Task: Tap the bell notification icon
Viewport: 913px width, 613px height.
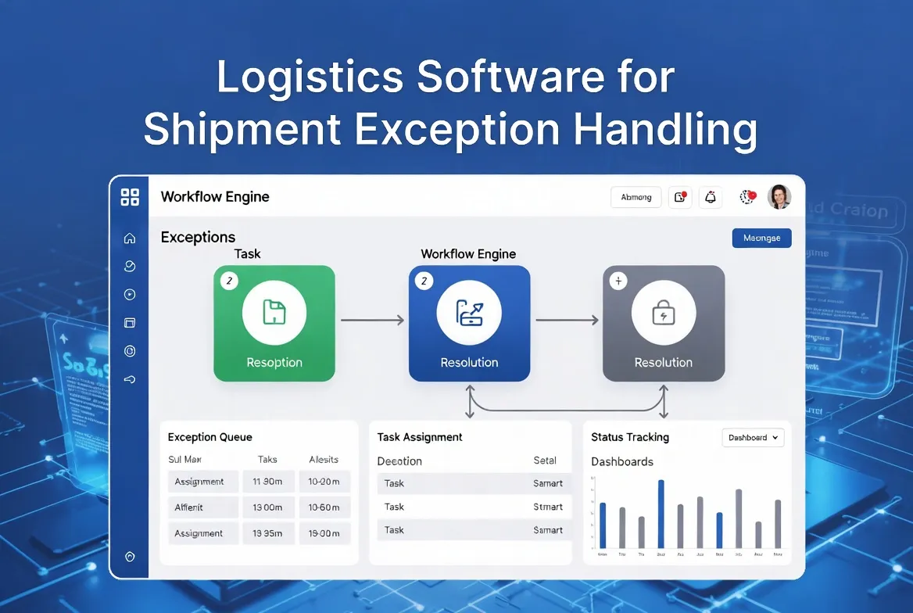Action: (x=711, y=198)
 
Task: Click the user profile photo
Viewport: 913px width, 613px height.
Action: (x=779, y=197)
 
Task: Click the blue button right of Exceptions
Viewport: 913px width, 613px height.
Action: (x=761, y=238)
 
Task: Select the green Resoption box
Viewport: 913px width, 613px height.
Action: (x=274, y=324)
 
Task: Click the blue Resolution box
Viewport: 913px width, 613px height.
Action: (x=469, y=324)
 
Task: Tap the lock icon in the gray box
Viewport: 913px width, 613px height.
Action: (x=663, y=313)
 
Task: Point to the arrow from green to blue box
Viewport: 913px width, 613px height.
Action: (x=372, y=320)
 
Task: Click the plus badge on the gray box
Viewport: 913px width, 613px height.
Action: (x=618, y=281)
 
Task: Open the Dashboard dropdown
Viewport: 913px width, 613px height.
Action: (x=752, y=438)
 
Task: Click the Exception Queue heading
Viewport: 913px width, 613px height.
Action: (x=210, y=437)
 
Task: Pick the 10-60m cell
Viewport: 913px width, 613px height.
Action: (x=324, y=507)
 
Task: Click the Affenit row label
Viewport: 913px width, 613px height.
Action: (x=189, y=507)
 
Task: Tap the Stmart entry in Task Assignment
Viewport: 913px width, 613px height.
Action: (x=547, y=507)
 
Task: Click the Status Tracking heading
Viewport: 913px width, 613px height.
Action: (x=630, y=437)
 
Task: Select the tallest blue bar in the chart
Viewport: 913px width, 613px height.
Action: (x=661, y=514)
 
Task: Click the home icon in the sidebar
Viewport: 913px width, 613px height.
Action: (x=130, y=238)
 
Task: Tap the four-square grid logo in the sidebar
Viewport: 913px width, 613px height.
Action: (x=130, y=197)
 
